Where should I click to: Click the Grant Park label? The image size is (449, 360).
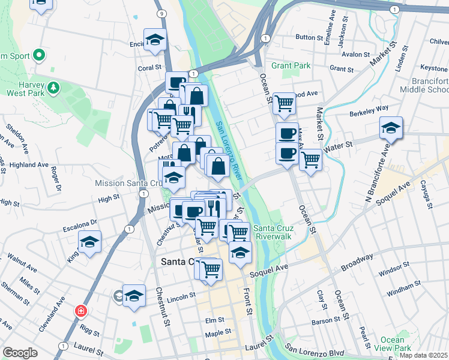291,65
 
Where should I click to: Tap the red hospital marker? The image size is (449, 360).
80,311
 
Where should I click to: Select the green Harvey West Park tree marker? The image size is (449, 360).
54,88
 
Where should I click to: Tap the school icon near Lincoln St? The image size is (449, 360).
134,295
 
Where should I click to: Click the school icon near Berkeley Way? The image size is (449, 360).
391,128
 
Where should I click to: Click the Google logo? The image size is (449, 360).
20,353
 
